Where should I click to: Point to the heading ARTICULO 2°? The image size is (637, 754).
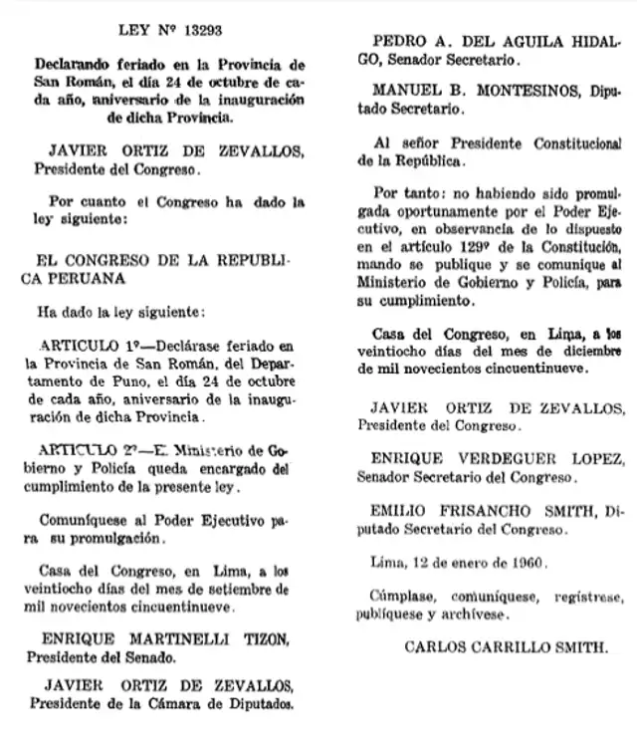[88, 451]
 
